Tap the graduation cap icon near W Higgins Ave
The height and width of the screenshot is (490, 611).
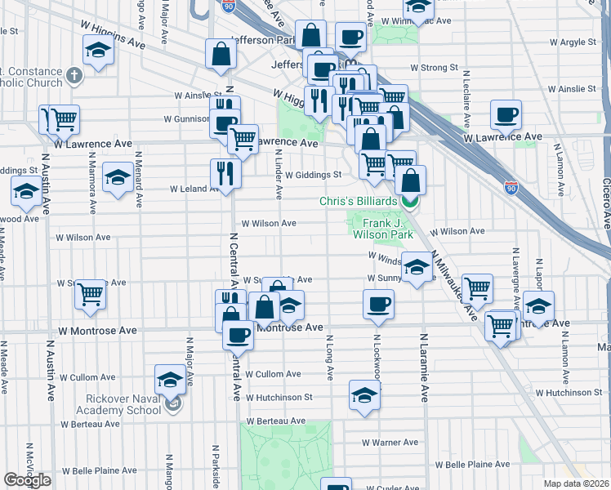point(98,51)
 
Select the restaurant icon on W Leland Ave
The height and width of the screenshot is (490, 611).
point(223,172)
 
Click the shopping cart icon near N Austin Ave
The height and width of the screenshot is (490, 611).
point(63,119)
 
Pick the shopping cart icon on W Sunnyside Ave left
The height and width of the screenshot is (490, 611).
point(91,294)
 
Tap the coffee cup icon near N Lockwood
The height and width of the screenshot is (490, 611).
point(378,304)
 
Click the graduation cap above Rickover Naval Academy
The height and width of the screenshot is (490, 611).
point(170,379)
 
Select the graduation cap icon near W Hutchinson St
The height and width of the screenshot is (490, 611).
point(364,396)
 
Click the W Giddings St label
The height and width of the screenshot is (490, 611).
point(313,174)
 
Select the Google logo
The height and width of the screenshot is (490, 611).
point(27,480)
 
